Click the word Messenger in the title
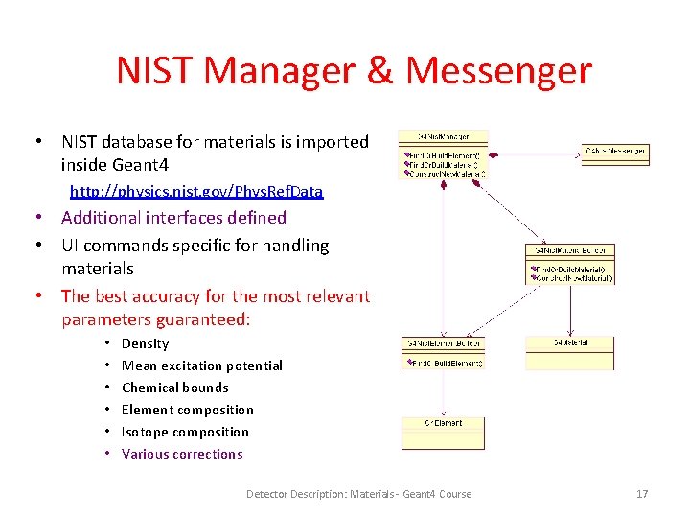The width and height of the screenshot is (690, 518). (498, 71)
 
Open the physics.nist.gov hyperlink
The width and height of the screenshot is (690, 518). (196, 192)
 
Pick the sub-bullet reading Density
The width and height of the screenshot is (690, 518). (146, 343)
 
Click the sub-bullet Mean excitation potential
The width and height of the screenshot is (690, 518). (202, 365)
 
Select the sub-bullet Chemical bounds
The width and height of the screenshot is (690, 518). (175, 388)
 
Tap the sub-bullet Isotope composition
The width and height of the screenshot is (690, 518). (185, 432)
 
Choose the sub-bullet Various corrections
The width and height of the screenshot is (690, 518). (182, 454)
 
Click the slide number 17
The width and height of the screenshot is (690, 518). (642, 494)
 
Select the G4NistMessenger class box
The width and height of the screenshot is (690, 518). (614, 151)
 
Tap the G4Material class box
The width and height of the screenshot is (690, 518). (569, 352)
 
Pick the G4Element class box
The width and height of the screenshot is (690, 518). (443, 433)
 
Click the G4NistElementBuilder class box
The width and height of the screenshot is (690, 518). (443, 352)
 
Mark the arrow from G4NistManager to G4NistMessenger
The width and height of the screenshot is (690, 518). (537, 152)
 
